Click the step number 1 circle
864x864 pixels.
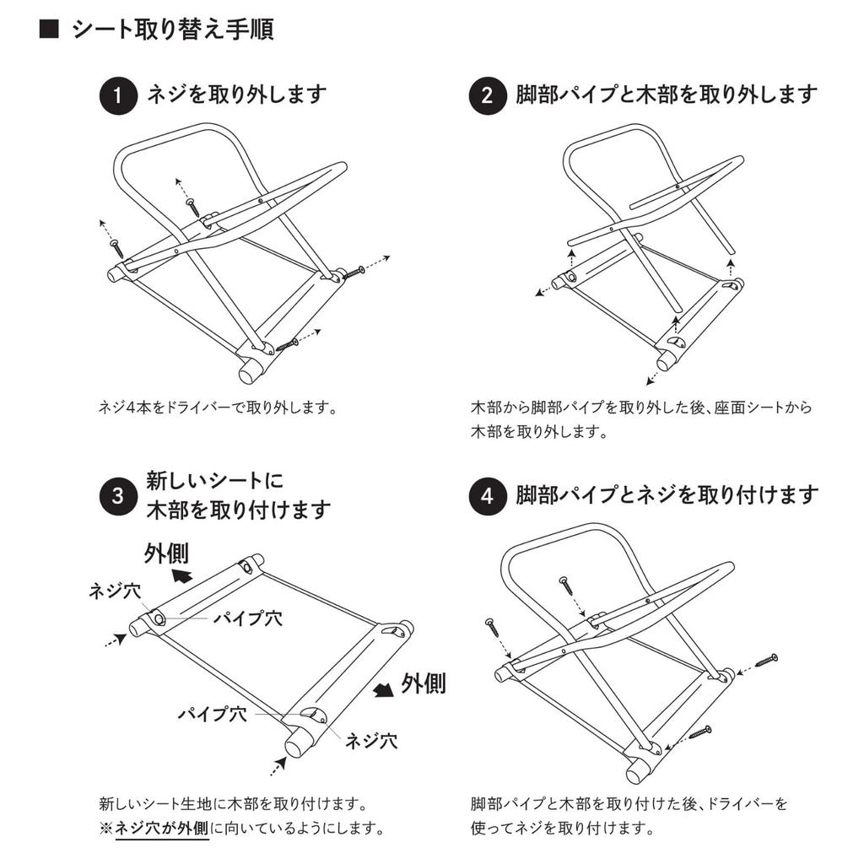119,95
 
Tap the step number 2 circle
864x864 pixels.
487,95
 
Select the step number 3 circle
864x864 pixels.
119,495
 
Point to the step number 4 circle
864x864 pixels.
487,495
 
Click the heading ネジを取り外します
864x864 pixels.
236,94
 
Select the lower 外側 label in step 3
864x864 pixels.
423,683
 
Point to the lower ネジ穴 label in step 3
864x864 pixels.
370,742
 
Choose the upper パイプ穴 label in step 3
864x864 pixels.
247,618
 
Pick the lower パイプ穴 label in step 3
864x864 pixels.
212,714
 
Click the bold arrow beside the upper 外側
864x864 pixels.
180,575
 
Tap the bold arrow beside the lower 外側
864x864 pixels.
385,689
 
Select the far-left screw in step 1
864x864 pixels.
116,246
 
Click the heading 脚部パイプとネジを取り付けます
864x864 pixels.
667,494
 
